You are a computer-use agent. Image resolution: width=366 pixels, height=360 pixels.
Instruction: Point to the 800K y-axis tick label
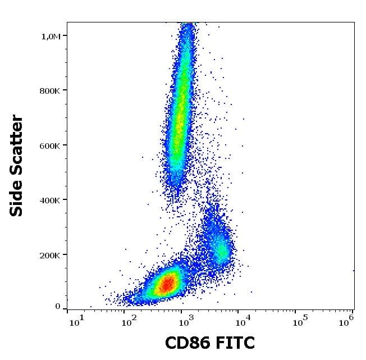click(49, 90)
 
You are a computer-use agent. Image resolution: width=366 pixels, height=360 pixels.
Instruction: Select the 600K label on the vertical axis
click(49, 145)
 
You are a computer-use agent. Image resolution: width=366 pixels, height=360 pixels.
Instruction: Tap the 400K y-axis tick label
click(49, 200)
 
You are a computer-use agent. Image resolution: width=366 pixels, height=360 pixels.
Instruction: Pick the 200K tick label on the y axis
click(49, 255)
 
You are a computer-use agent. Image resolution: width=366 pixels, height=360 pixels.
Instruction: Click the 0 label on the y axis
click(57, 306)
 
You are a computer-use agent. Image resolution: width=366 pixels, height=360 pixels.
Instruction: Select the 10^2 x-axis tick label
click(130, 321)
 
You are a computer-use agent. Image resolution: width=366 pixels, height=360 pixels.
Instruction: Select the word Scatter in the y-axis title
click(17, 147)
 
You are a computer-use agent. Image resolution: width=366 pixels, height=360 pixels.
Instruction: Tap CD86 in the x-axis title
click(187, 342)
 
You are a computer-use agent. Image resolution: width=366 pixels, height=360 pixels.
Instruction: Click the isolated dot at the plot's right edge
click(354, 270)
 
